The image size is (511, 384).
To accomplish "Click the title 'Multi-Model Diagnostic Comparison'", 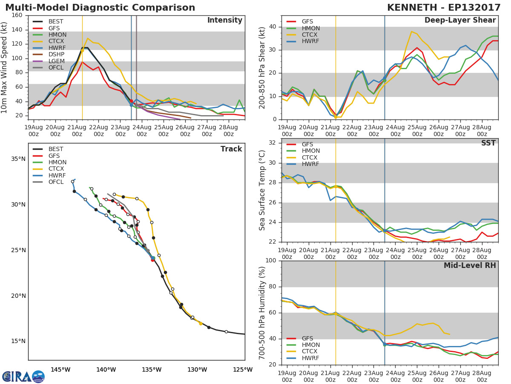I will tap(100, 8).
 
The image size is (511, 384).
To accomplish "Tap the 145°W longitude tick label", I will tap(60, 369).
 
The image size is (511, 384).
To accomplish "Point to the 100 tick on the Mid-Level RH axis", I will tap(271, 261).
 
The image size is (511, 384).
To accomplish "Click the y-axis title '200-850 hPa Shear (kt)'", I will tap(262, 67).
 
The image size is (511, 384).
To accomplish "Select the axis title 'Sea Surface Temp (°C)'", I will tap(262, 190).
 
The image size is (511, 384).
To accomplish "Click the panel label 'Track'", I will tap(231, 149).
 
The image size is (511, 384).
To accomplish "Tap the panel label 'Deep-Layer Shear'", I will tap(460, 20).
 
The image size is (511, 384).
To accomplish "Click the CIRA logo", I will tap(23, 376).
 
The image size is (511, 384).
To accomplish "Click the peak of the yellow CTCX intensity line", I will tap(88, 38).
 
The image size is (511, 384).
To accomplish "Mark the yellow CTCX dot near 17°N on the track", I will tap(201, 323).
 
